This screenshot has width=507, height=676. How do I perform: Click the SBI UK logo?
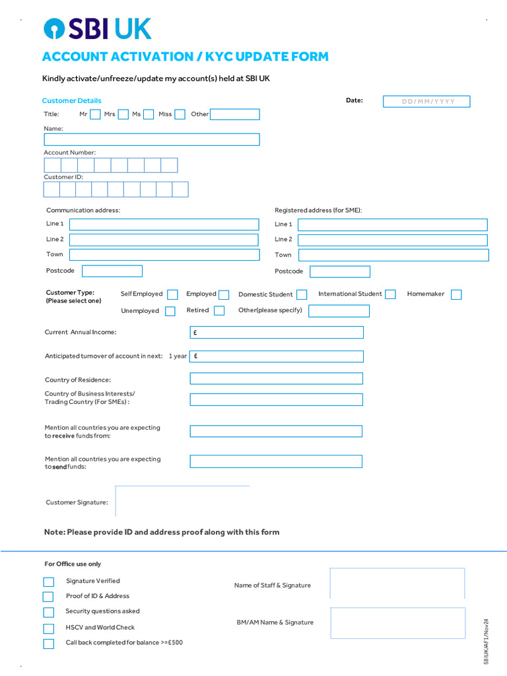(x=97, y=29)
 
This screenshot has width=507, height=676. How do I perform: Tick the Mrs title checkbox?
(x=123, y=114)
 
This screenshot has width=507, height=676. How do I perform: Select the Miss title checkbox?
(x=180, y=114)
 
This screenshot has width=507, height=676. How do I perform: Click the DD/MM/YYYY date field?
(x=427, y=102)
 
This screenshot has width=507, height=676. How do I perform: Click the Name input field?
(x=151, y=139)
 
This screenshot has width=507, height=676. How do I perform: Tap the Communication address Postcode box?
(x=112, y=271)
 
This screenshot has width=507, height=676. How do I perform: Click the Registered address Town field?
(x=393, y=255)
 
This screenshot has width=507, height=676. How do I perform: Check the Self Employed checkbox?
(x=172, y=294)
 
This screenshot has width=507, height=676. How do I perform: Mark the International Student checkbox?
(x=390, y=294)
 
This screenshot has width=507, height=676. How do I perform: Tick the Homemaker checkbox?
(x=456, y=294)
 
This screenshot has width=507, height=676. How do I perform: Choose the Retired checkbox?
(x=219, y=311)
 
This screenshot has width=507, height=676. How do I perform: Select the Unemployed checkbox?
(x=170, y=311)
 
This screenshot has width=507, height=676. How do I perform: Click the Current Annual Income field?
(x=277, y=332)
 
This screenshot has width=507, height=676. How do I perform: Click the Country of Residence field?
(x=277, y=378)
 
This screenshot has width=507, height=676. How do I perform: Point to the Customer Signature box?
(x=183, y=501)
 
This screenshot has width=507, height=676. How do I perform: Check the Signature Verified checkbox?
(x=49, y=582)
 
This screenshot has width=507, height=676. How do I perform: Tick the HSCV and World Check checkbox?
(x=49, y=628)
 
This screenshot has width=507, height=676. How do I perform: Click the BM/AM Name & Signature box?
(x=397, y=623)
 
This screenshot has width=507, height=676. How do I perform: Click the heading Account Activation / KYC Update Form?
(x=186, y=57)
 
